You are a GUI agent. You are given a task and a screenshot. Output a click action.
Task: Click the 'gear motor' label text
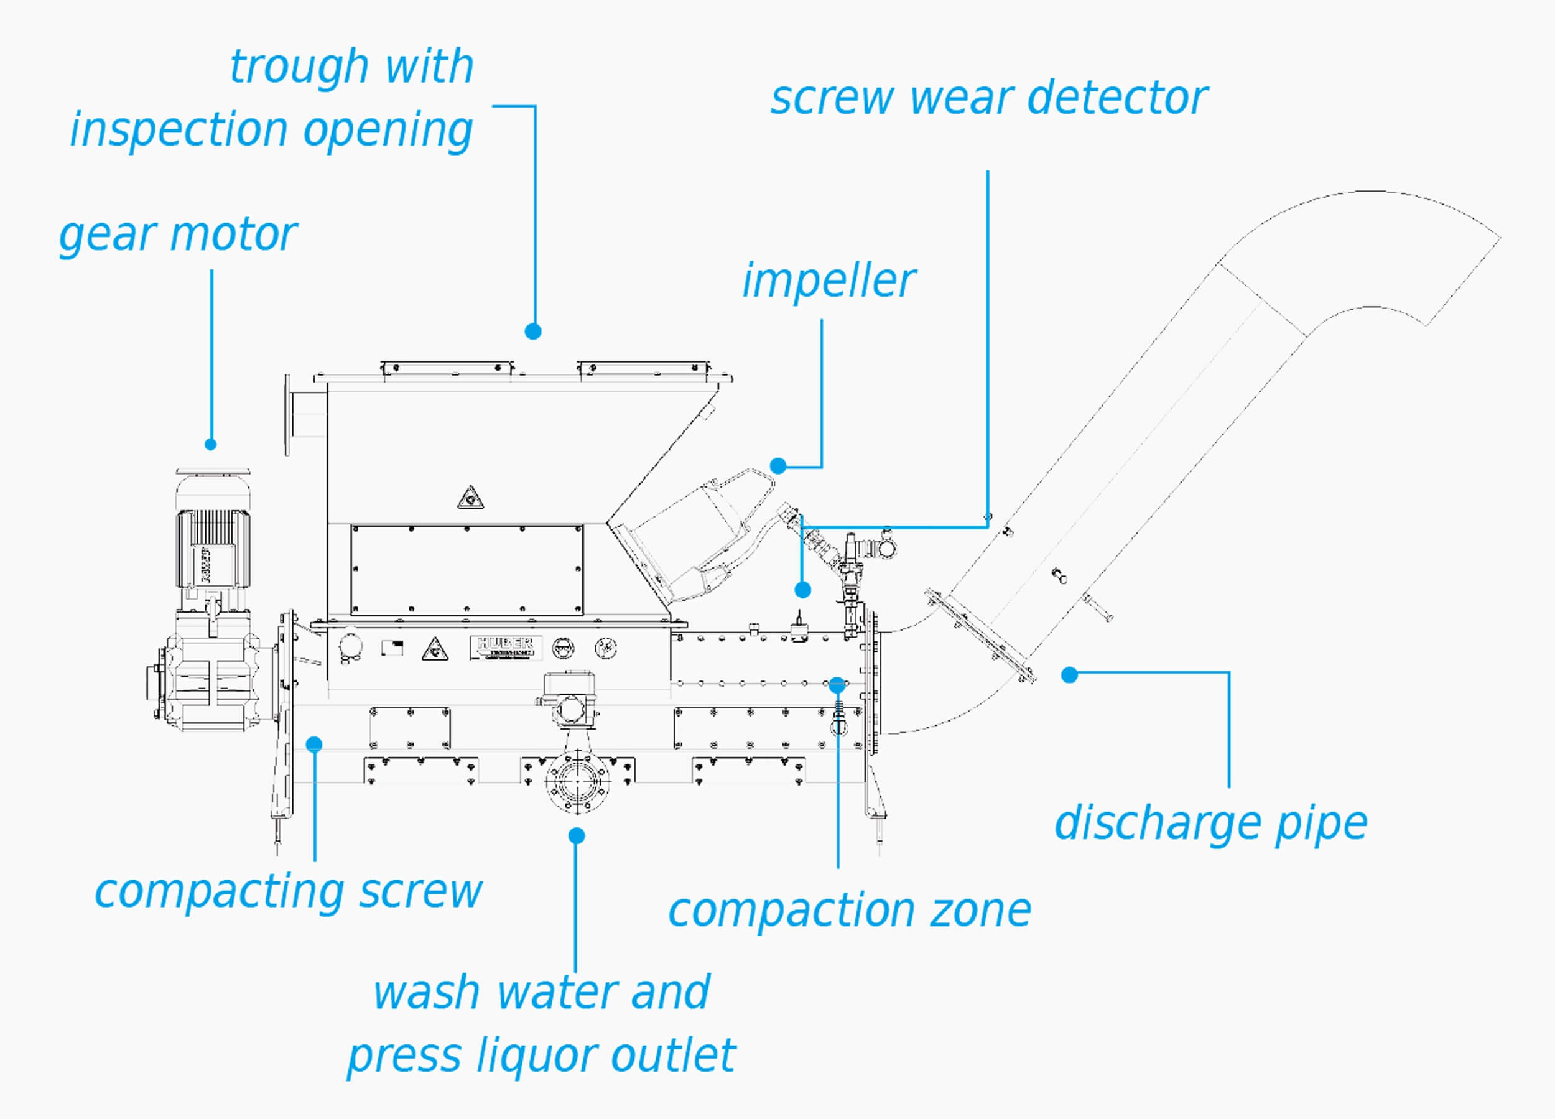click(177, 234)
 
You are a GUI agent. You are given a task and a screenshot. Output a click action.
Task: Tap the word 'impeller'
click(829, 281)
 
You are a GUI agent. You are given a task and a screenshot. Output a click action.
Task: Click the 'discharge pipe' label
click(1210, 824)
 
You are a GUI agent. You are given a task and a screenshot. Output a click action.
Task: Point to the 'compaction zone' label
click(850, 911)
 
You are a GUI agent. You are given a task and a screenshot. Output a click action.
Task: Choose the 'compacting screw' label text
click(288, 892)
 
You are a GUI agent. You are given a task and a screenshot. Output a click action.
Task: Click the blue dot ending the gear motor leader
click(210, 444)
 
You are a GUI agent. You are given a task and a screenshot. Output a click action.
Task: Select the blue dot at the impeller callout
click(777, 465)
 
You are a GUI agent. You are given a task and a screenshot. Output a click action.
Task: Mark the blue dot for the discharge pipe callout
click(1069, 675)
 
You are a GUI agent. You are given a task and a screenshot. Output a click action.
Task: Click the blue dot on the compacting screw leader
click(314, 744)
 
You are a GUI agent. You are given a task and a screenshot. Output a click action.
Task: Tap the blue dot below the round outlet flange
click(577, 835)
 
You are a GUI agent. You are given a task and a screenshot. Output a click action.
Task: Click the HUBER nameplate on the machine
click(505, 646)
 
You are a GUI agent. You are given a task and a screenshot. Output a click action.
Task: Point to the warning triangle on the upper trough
click(470, 498)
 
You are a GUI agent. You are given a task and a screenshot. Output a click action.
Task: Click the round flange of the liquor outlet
click(577, 781)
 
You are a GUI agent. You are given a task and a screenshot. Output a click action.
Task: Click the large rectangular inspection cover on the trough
click(467, 570)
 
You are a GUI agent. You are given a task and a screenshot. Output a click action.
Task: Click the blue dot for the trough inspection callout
click(532, 331)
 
